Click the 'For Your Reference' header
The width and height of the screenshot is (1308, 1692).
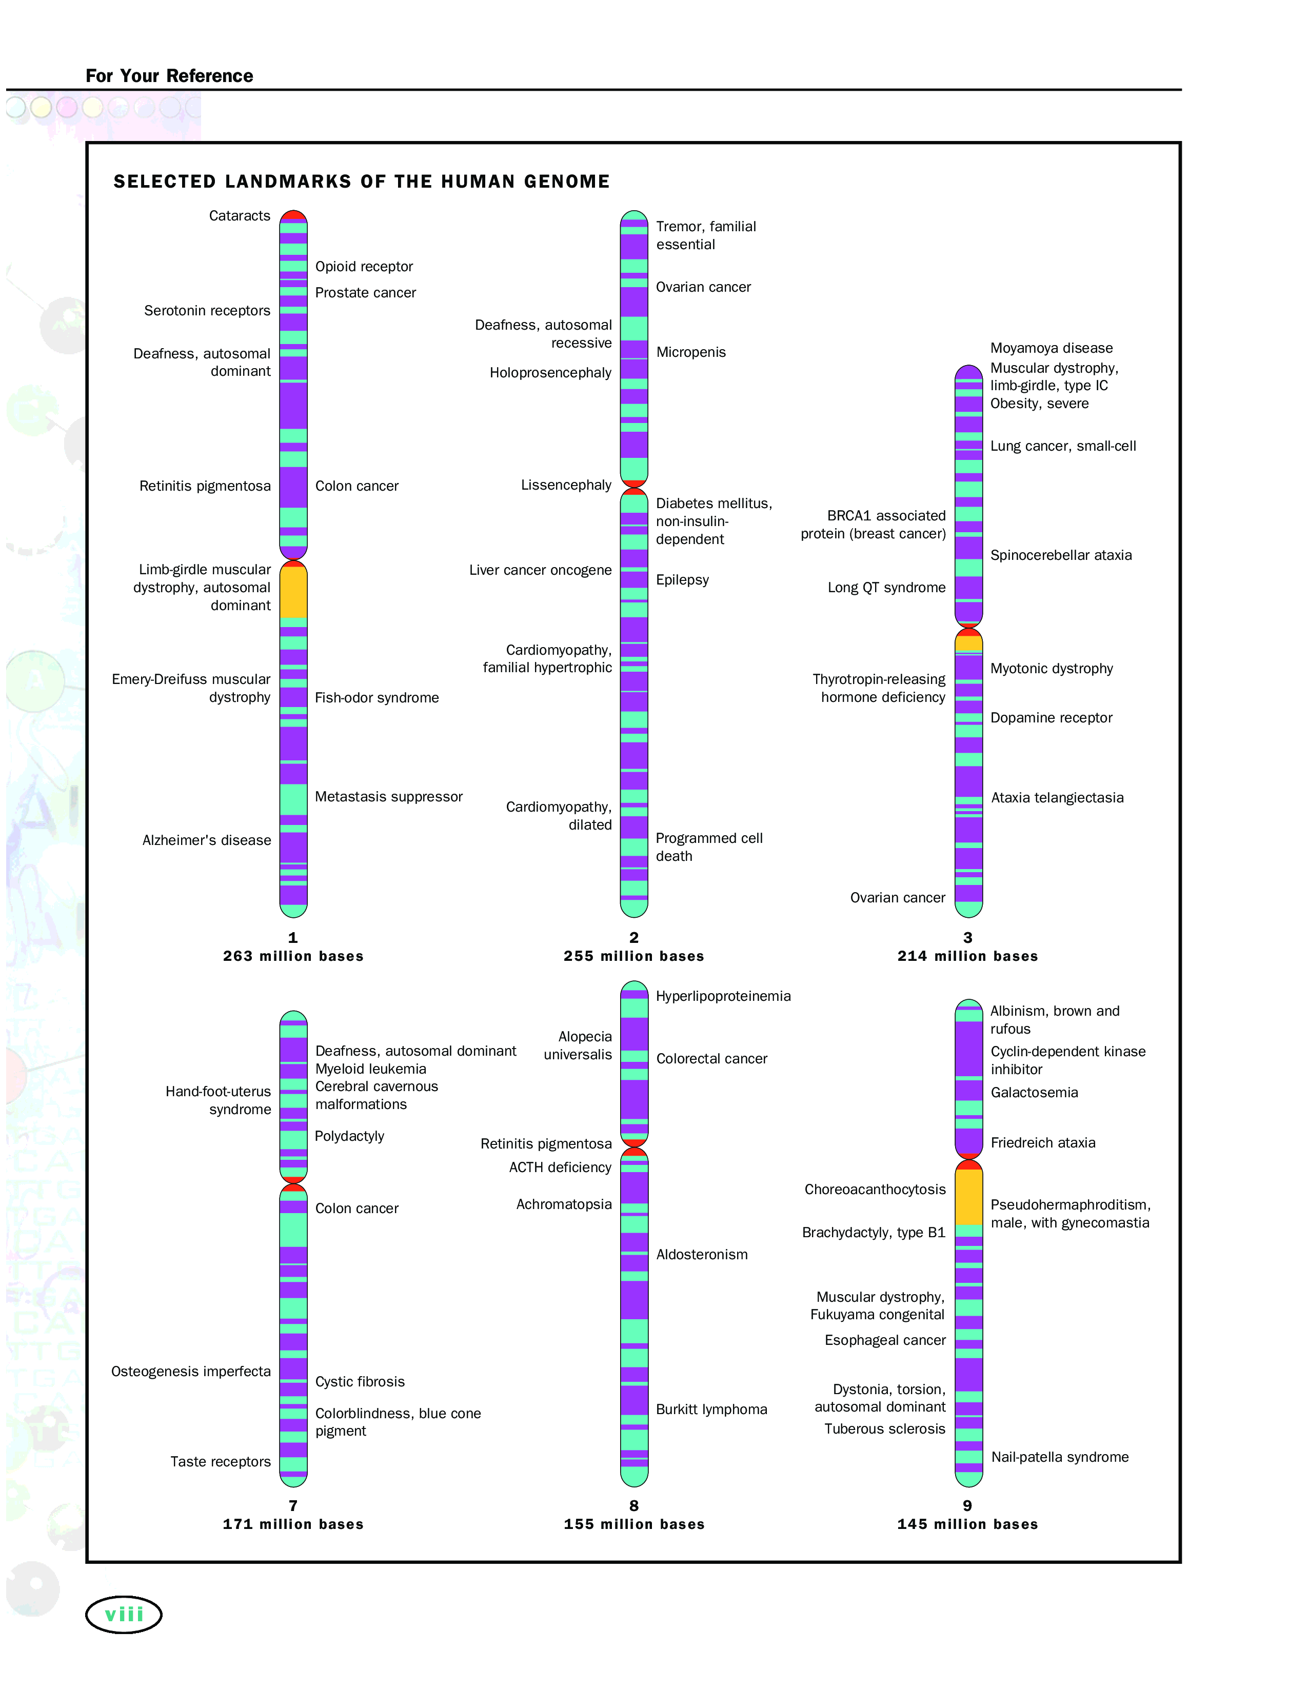[169, 76]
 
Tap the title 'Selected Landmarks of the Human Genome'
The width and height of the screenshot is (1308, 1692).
[362, 182]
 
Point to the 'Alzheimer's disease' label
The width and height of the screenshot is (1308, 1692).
[207, 840]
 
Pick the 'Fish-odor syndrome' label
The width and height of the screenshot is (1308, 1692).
[376, 698]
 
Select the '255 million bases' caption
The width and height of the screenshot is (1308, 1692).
[634, 956]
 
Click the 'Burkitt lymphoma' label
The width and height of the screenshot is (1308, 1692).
[711, 1409]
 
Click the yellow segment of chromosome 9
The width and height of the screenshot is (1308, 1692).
[968, 1197]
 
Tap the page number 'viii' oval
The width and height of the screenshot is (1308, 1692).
[124, 1615]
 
